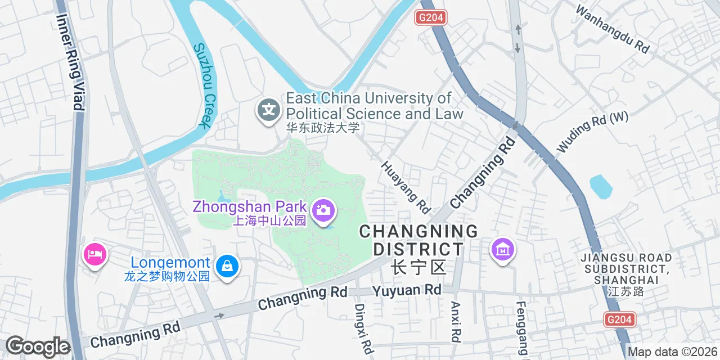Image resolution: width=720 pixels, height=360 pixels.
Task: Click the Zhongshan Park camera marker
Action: point(323,211)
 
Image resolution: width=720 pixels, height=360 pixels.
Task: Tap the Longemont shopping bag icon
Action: point(227,266)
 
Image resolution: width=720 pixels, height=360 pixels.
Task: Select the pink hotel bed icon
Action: point(94,254)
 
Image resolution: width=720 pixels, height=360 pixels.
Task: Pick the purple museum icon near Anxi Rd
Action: point(502,249)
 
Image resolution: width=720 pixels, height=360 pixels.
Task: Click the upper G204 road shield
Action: point(431,17)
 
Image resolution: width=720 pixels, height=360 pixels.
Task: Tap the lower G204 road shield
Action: point(620,319)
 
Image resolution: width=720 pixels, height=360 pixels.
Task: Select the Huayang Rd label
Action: point(405,187)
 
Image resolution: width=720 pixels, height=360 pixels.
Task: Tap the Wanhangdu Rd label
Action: point(613,29)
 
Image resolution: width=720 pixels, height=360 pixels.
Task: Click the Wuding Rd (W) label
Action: point(592,132)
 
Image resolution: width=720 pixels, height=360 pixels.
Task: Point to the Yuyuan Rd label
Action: point(407,290)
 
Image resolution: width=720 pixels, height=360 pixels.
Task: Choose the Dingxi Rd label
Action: point(364,328)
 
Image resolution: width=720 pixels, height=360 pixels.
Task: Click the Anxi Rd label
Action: point(457,322)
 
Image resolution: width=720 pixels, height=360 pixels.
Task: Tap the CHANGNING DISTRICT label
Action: point(418,248)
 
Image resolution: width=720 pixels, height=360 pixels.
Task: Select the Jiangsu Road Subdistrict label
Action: point(627,274)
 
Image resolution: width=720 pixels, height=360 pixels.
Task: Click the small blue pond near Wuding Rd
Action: point(600,186)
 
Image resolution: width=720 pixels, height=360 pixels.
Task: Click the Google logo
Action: point(38,346)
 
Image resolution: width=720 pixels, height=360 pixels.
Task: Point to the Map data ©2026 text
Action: point(673,352)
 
